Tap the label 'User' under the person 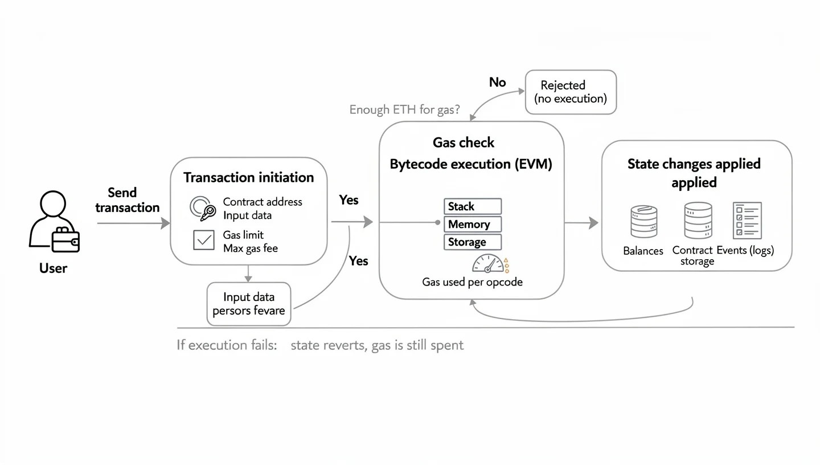53,268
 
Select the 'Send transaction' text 127,200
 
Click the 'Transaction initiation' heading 248,177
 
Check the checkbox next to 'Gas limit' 203,240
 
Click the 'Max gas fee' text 250,248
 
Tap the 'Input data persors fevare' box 249,304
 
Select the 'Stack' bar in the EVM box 472,206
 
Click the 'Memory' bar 472,224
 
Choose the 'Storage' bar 472,242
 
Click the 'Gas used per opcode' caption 472,282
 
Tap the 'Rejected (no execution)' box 571,92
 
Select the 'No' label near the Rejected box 497,82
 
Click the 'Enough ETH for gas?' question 405,109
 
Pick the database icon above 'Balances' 643,222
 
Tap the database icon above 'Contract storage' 698,221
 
